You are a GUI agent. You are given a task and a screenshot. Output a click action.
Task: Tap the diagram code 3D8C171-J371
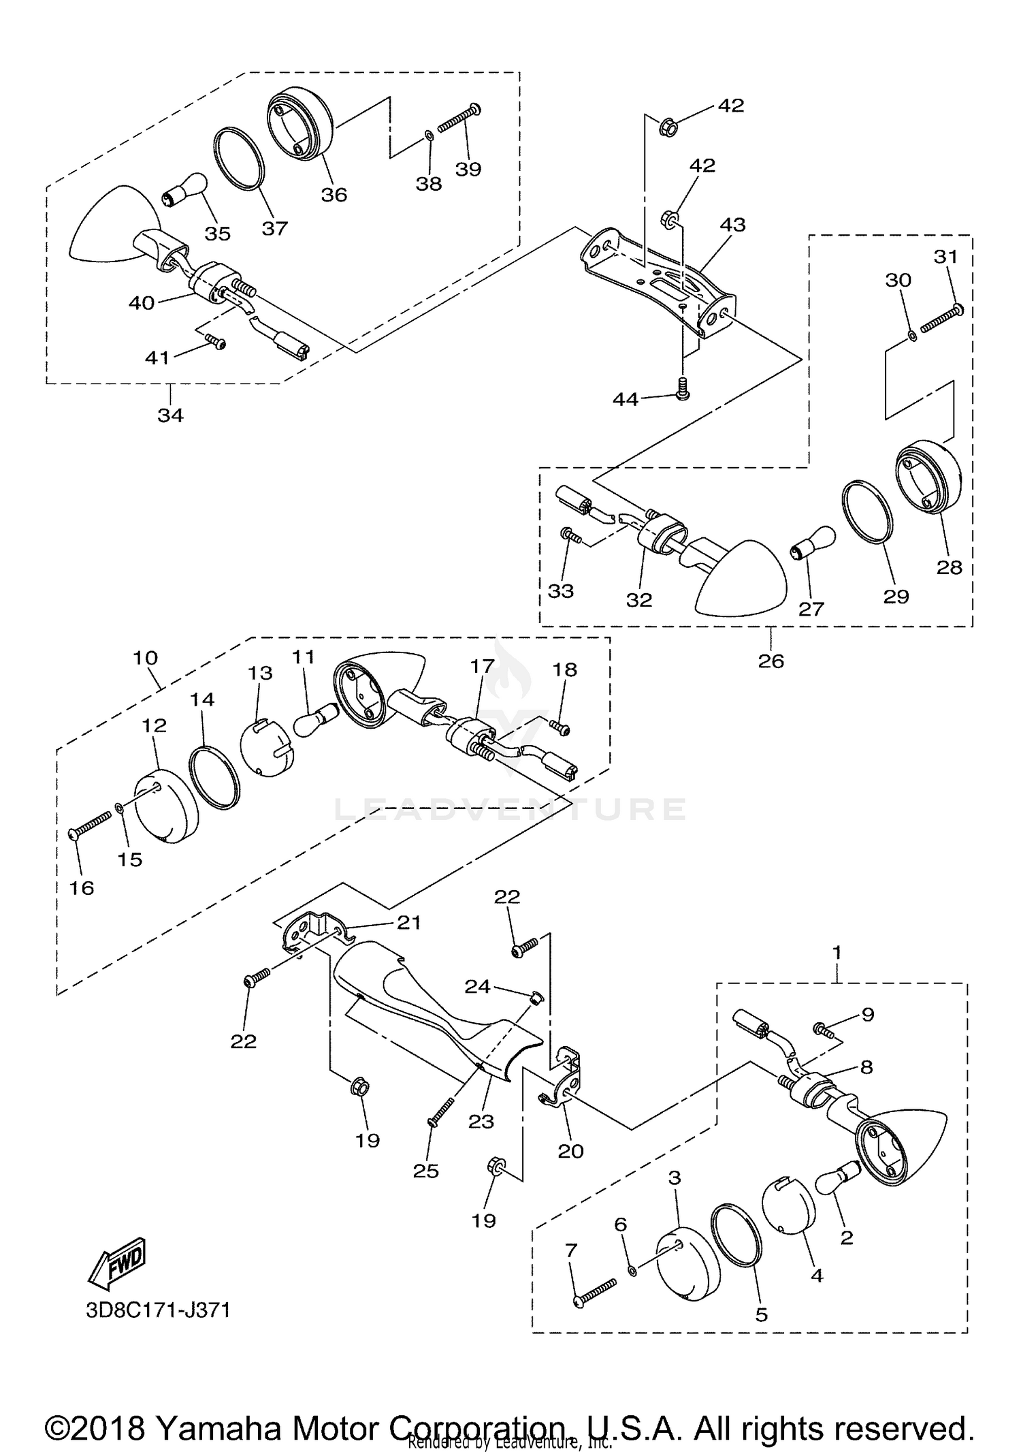click(158, 1310)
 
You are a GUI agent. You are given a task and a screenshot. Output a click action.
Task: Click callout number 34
click(170, 414)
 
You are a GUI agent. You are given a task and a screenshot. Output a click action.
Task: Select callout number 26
click(771, 660)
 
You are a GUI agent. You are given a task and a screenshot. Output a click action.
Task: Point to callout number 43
click(732, 224)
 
